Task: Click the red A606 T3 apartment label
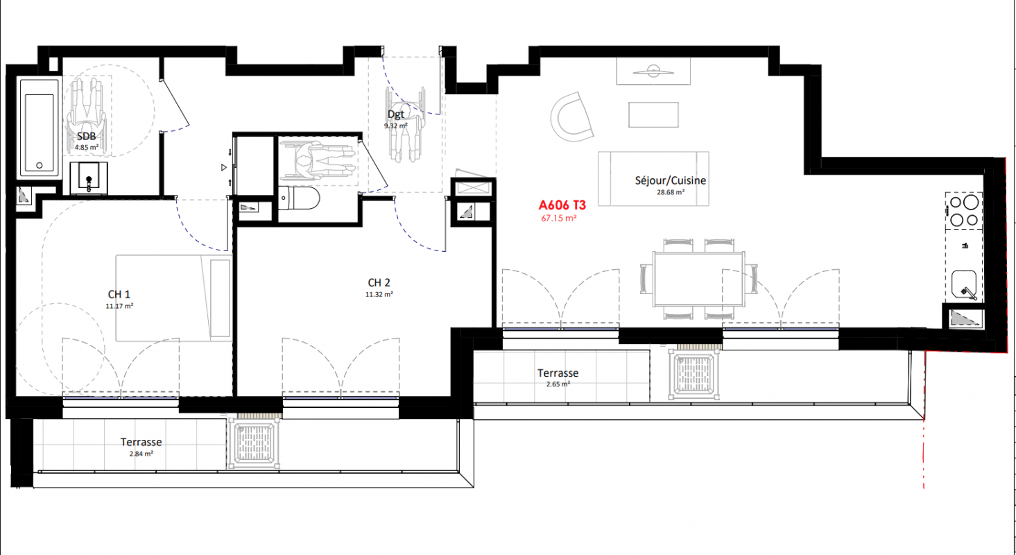562,205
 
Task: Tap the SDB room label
86,136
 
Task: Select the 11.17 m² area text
119,306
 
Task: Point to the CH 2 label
379,283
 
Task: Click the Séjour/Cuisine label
671,180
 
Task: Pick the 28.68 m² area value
671,192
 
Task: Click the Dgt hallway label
395,114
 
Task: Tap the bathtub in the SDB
40,128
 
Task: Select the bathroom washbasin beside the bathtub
89,178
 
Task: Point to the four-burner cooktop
964,211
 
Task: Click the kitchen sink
964,284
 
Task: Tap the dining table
698,279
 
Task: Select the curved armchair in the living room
571,117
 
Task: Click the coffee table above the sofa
653,114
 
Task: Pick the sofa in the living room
653,179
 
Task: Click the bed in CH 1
174,298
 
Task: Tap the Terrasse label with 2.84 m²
141,442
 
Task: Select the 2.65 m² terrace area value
558,384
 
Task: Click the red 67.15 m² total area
559,219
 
